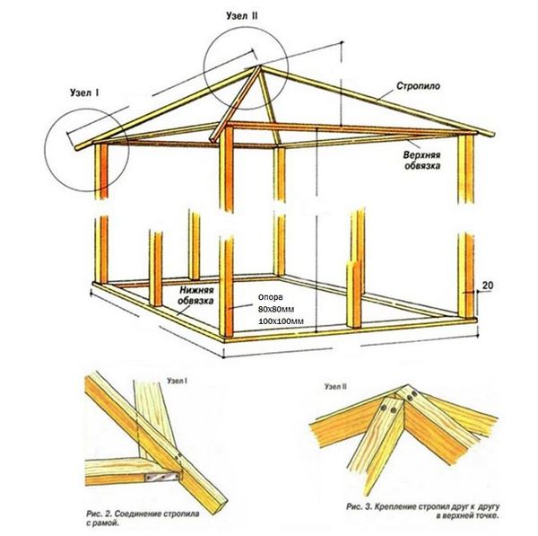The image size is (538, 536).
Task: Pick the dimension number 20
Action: tap(488, 286)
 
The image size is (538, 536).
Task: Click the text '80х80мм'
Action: tap(277, 309)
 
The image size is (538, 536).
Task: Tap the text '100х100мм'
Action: tap(281, 321)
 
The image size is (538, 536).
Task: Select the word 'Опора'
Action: tap(270, 297)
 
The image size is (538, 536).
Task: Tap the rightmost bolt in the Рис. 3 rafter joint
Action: tap(412, 392)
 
